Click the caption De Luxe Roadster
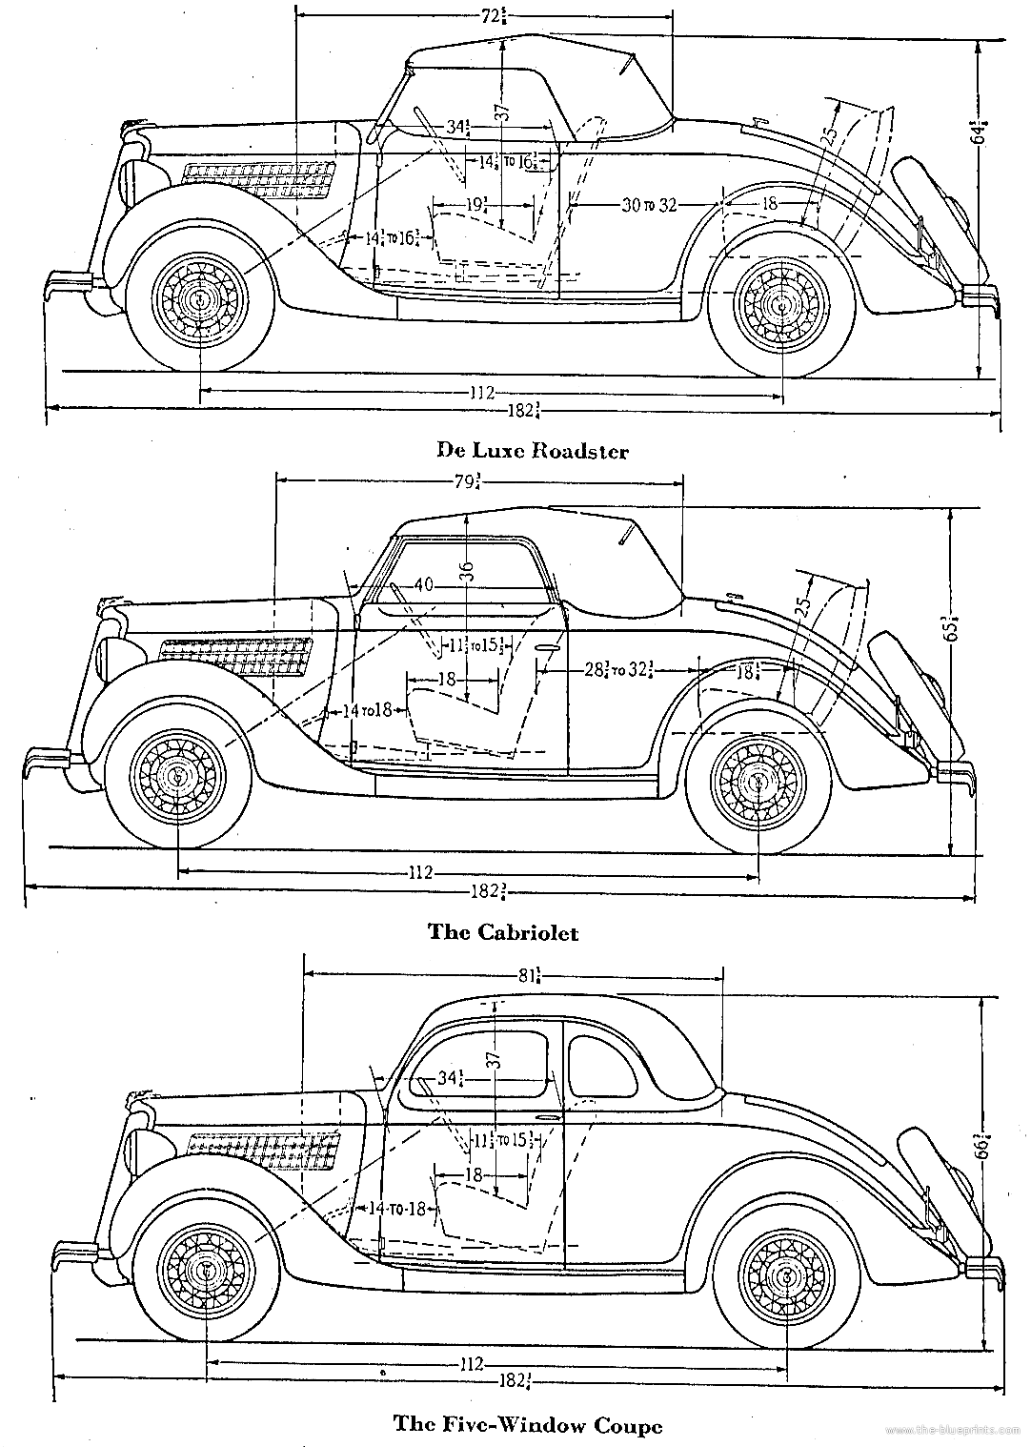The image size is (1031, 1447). pyautogui.click(x=532, y=450)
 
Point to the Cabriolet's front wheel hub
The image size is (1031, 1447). pyautogui.click(x=177, y=777)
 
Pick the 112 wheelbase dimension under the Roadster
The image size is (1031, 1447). pyautogui.click(x=480, y=392)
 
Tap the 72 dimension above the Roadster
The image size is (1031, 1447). pyautogui.click(x=493, y=16)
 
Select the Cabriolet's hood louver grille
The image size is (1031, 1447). pyautogui.click(x=235, y=655)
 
